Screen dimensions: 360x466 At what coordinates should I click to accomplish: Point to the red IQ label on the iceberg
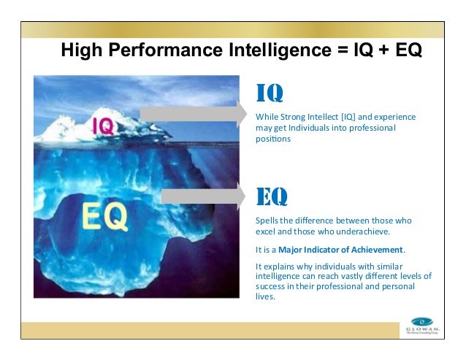click(102, 126)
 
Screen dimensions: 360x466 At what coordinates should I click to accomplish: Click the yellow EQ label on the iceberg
click(104, 215)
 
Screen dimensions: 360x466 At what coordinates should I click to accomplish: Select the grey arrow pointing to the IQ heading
click(194, 112)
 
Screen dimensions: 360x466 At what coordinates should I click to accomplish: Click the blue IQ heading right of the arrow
click(269, 93)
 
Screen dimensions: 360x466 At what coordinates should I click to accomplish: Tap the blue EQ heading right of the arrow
click(271, 196)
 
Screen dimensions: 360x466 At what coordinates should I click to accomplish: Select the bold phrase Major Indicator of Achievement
click(340, 249)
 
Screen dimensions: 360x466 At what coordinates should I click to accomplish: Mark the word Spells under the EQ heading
click(267, 220)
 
